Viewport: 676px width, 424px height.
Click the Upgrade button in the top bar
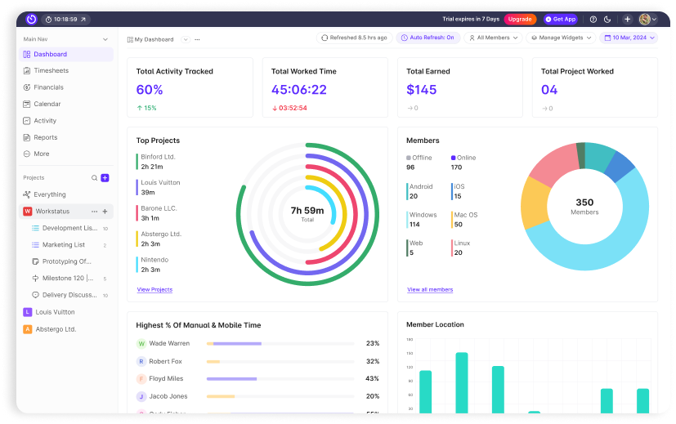[520, 19]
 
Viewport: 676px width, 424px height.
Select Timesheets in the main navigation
[51, 71]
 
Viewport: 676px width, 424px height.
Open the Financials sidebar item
[48, 87]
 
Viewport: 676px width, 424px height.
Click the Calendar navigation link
[47, 105]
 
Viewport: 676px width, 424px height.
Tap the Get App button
[560, 19]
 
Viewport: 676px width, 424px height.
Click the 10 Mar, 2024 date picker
[628, 38]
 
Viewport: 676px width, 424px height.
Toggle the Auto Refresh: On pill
[428, 38]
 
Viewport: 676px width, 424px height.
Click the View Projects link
[154, 289]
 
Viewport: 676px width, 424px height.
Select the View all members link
[430, 289]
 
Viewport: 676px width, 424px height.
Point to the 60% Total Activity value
[150, 90]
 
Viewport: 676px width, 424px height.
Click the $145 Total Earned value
[422, 90]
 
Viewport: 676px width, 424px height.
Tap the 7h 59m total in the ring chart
[307, 211]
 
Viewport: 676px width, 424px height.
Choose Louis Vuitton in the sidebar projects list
[55, 312]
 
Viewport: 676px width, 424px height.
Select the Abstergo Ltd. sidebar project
[56, 329]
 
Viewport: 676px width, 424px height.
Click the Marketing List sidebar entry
[63, 244]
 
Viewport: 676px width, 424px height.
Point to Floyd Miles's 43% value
[372, 378]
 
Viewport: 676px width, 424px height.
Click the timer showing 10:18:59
[65, 19]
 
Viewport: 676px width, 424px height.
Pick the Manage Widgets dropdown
[561, 38]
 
